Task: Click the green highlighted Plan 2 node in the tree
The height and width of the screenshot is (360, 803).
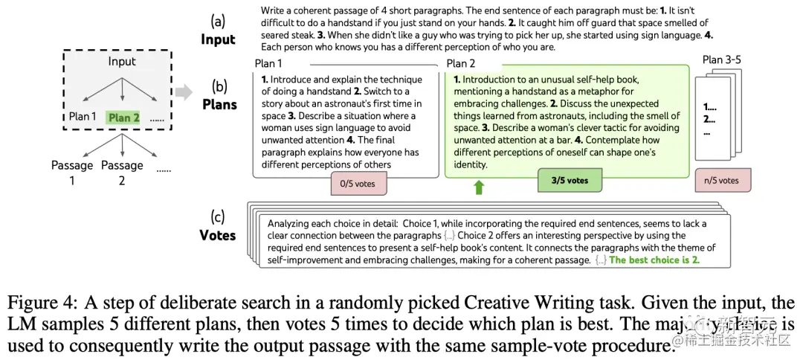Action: (x=123, y=118)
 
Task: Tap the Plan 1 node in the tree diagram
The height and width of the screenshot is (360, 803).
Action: (x=83, y=117)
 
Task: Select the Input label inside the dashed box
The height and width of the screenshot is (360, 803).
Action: (x=122, y=61)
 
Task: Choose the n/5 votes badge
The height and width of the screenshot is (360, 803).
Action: (x=723, y=180)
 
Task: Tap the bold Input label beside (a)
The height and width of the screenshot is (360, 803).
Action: (x=218, y=39)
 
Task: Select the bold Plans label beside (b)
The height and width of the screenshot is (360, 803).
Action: (x=219, y=104)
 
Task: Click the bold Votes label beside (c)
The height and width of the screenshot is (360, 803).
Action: (x=218, y=235)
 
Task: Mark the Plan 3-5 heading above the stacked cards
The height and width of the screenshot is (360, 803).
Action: (x=723, y=60)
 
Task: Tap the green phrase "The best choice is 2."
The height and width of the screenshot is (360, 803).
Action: (x=654, y=260)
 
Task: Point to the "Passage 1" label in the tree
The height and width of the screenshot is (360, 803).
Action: (x=71, y=172)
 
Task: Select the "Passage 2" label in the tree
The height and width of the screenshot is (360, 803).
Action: (x=122, y=172)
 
